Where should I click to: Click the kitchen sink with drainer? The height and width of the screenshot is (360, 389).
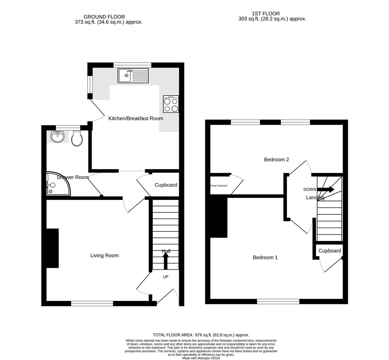pyautogui.click(x=133, y=75)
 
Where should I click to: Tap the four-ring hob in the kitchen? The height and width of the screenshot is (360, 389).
pyautogui.click(x=171, y=104)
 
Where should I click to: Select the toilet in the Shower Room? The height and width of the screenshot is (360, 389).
pyautogui.click(x=77, y=138)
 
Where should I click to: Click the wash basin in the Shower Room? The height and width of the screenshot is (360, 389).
pyautogui.click(x=58, y=137)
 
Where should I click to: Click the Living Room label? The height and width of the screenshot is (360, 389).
pyautogui.click(x=104, y=256)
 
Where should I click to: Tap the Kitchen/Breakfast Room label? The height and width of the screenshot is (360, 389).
pyautogui.click(x=136, y=118)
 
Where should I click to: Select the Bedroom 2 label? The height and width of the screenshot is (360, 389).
pyautogui.click(x=276, y=160)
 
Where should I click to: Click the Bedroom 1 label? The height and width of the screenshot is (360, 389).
pyautogui.click(x=265, y=258)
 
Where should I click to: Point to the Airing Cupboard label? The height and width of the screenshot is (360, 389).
pyautogui.click(x=218, y=186)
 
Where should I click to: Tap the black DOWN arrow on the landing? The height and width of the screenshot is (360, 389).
pyautogui.click(x=326, y=189)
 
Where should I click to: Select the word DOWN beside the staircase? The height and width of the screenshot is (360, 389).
pyautogui.click(x=310, y=189)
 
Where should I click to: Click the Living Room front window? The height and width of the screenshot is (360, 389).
pyautogui.click(x=92, y=303)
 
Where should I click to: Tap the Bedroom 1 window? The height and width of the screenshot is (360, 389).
pyautogui.click(x=278, y=301)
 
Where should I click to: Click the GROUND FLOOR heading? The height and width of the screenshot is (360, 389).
pyautogui.click(x=104, y=17)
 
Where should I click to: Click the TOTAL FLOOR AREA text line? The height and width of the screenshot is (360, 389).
pyautogui.click(x=201, y=335)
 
